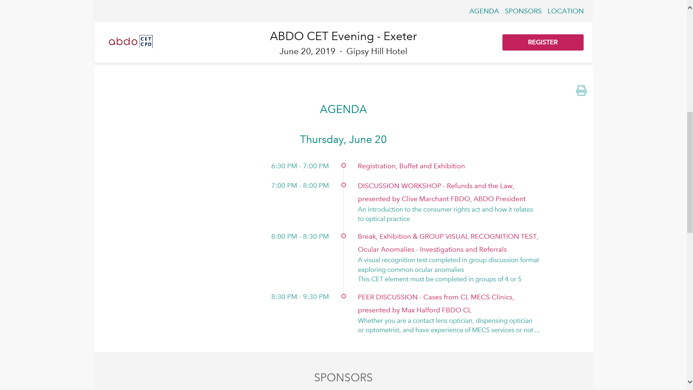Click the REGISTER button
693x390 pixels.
point(543,42)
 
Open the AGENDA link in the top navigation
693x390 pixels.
point(484,11)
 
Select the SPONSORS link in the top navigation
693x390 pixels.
point(523,11)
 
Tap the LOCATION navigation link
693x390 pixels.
point(566,11)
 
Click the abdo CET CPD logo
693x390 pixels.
point(131,42)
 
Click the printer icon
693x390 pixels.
point(581,90)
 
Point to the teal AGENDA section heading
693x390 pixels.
point(343,109)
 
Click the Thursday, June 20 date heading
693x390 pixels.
point(343,139)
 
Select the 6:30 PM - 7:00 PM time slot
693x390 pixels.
point(300,166)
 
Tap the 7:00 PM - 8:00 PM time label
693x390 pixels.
point(300,186)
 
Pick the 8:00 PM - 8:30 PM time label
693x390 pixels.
point(300,237)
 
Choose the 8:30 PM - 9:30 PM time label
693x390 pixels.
point(300,297)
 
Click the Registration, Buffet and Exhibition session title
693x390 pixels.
point(411,166)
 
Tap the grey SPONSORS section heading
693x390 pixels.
point(343,377)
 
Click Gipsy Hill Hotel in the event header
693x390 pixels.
point(377,52)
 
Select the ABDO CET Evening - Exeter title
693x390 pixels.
point(343,36)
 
